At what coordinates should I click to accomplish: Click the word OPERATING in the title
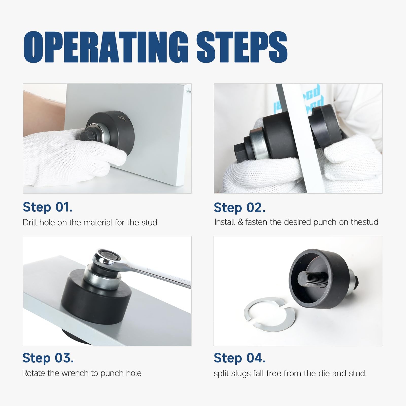pos(106,47)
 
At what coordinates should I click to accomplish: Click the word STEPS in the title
pos(242,47)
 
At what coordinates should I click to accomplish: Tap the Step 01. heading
pos(48,207)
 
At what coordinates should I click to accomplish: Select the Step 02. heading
pos(240,208)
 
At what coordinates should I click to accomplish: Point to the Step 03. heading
pos(48,358)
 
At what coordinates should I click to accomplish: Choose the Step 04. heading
pos(240,358)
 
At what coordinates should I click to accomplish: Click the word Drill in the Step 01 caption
pos(30,223)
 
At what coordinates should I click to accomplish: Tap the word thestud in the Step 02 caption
pos(364,222)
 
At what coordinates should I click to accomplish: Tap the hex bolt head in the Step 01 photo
pos(87,136)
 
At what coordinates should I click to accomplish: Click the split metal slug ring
pos(269,314)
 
